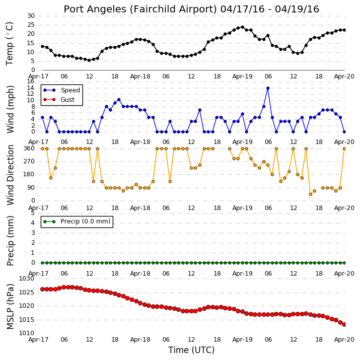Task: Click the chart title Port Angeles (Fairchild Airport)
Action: point(140,9)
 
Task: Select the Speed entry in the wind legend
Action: point(70,90)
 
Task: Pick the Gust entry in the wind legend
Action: point(68,100)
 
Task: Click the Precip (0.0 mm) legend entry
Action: point(85,221)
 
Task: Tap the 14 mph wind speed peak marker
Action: point(268,88)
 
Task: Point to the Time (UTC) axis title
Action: point(191,350)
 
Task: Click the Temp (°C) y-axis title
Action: point(9,44)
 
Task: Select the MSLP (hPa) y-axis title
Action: point(10,306)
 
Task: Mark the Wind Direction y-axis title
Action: point(10,175)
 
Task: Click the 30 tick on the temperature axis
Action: point(31,16)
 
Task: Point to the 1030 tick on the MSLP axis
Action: point(27,279)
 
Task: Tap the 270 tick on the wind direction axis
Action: point(29,161)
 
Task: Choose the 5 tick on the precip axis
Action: point(33,213)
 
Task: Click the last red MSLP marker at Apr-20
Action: point(344,324)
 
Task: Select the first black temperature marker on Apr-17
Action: point(43,46)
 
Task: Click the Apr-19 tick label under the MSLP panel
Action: point(242,339)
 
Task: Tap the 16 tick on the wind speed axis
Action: point(31,81)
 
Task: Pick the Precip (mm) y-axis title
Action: point(10,241)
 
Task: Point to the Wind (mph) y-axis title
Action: point(10,110)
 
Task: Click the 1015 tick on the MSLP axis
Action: point(27,320)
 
